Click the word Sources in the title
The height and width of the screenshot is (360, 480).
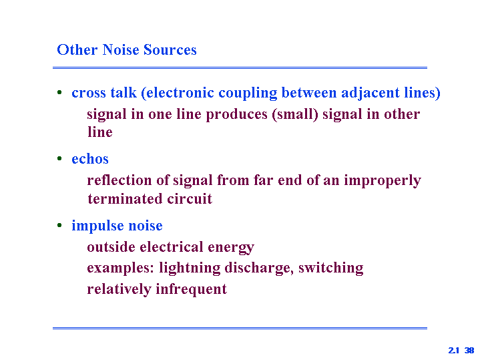170,50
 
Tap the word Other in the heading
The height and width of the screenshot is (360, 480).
77,50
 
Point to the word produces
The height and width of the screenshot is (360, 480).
236,115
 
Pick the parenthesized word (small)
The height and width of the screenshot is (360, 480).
295,114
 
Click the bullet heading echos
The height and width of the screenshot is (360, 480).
90,159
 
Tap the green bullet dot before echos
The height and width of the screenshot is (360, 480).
59,158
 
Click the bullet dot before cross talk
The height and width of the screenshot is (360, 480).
59,92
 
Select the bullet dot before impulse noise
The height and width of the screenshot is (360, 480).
59,225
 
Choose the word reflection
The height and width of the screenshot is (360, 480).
119,180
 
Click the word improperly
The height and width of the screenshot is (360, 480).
383,181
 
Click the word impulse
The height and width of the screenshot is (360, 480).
97,226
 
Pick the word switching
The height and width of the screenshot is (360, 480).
331,268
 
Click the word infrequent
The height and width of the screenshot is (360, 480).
192,289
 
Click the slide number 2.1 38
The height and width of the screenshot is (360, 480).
461,351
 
